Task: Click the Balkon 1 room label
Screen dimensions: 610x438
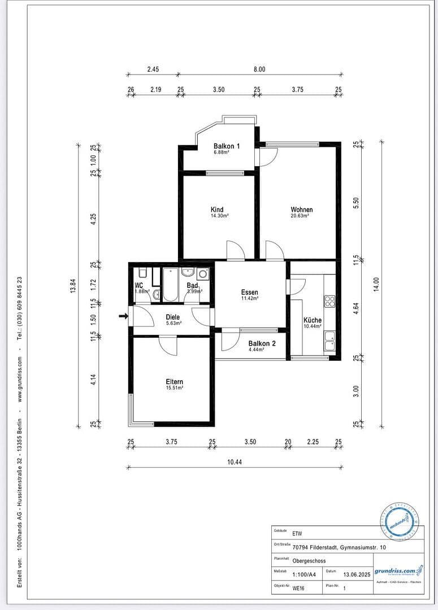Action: (227, 146)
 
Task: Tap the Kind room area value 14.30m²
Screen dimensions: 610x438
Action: (220, 216)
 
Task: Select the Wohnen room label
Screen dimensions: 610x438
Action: (302, 210)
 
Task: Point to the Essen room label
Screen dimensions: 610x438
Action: (249, 292)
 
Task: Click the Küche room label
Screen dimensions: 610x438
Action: (313, 320)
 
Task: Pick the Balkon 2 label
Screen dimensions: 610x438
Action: (262, 343)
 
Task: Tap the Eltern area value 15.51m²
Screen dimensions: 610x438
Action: (174, 389)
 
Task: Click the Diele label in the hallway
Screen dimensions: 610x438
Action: (172, 317)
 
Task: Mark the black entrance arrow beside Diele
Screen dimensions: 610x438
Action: (123, 316)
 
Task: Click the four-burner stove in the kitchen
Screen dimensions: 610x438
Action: (329, 300)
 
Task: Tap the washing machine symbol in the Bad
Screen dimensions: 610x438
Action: (203, 274)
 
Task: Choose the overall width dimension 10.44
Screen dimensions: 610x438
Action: (235, 462)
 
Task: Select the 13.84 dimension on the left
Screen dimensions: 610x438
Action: (72, 286)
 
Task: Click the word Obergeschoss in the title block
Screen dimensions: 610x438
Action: (309, 561)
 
